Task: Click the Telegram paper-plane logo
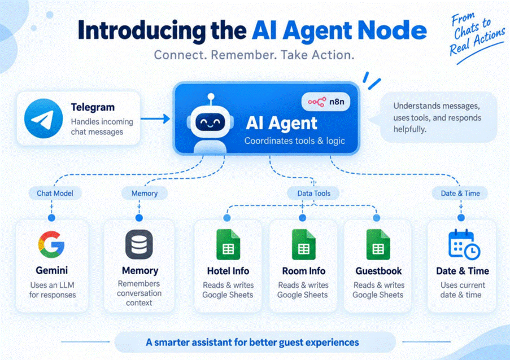[43, 118]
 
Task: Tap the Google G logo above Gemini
[51, 244]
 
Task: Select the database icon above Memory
[139, 244]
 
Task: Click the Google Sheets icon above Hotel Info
[228, 244]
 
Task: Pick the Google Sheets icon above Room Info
[304, 244]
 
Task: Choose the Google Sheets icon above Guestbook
[378, 244]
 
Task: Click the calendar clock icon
[464, 244]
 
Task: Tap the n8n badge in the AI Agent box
[326, 102]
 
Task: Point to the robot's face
[210, 122]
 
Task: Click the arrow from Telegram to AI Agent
[155, 118]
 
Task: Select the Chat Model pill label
[55, 194]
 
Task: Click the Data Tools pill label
[313, 194]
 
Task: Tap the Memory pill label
[145, 194]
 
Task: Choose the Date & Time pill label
[460, 194]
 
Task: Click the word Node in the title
[392, 30]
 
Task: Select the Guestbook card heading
[378, 271]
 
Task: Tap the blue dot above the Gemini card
[51, 218]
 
